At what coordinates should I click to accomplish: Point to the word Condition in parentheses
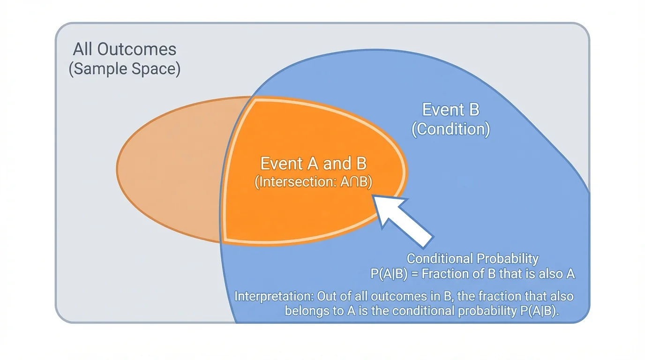(x=450, y=129)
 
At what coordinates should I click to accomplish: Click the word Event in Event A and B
(x=281, y=164)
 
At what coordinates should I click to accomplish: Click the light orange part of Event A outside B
(x=169, y=169)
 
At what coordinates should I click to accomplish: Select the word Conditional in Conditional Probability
(x=440, y=259)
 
